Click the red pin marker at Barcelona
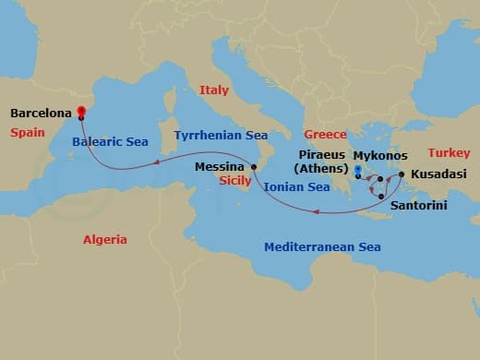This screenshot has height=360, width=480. tap(81, 113)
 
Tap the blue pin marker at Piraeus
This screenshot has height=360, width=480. tap(357, 171)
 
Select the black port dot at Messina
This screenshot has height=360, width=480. tap(254, 167)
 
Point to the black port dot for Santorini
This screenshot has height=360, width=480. tap(382, 196)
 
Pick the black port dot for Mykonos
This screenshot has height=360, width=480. tap(379, 179)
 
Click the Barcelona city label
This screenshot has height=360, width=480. tap(42, 114)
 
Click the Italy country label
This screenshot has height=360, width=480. tap(213, 90)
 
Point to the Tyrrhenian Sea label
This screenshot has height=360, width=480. tap(221, 135)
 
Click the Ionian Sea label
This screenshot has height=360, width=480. tap(296, 187)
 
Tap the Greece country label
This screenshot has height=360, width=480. tap(325, 135)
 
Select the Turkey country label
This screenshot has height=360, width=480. tap(450, 152)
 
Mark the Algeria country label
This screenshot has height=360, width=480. tap(105, 239)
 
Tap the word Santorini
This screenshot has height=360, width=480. tap(418, 205)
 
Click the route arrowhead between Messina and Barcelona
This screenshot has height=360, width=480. tap(158, 162)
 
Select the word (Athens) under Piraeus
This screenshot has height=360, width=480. tap(319, 169)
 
